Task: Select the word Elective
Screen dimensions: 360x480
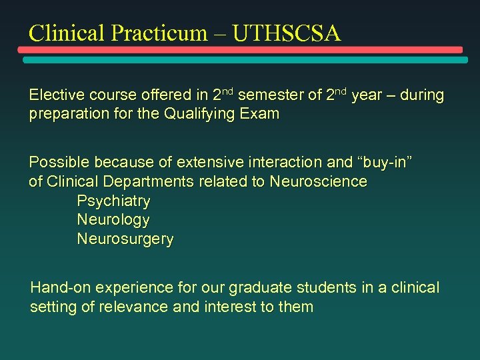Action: [x=53, y=95]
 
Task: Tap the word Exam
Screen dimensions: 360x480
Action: [x=261, y=114]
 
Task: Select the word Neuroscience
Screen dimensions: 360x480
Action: [x=318, y=181]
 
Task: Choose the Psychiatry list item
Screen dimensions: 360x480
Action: [x=113, y=201]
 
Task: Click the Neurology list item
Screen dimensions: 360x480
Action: [x=113, y=219]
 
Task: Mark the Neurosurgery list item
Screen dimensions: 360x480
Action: [x=125, y=239]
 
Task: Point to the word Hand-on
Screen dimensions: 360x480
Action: [x=61, y=288]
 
